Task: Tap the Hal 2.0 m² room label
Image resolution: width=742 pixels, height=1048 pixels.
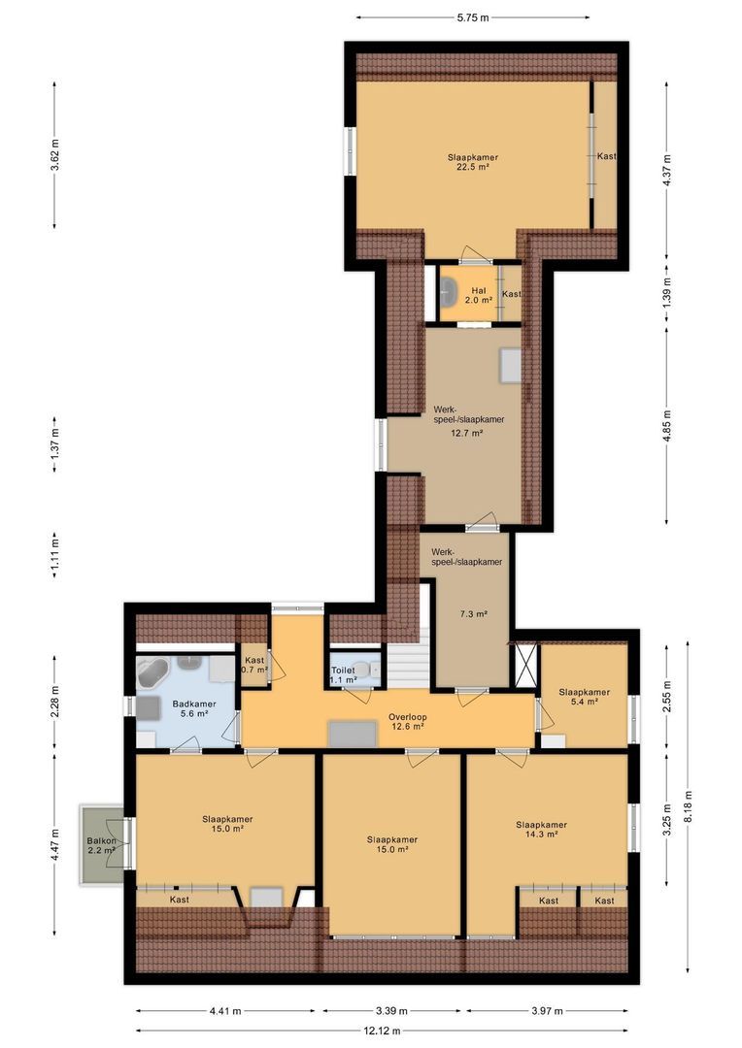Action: pyautogui.click(x=478, y=296)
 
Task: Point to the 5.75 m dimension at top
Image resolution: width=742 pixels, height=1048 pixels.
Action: pyautogui.click(x=472, y=17)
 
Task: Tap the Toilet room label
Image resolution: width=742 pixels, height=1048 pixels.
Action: pyautogui.click(x=343, y=675)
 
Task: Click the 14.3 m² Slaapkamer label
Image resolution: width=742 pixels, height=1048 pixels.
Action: pyautogui.click(x=541, y=830)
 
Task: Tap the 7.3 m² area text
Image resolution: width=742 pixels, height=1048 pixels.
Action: pyautogui.click(x=473, y=613)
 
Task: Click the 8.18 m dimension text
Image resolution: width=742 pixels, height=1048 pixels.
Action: pyautogui.click(x=689, y=805)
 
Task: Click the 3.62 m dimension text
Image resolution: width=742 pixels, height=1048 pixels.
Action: pyautogui.click(x=55, y=156)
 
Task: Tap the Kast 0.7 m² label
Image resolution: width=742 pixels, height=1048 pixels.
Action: pyautogui.click(x=254, y=665)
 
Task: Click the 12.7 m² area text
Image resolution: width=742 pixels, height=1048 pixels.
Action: pyautogui.click(x=466, y=434)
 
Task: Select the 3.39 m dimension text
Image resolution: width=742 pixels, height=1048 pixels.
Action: pyautogui.click(x=392, y=1011)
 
